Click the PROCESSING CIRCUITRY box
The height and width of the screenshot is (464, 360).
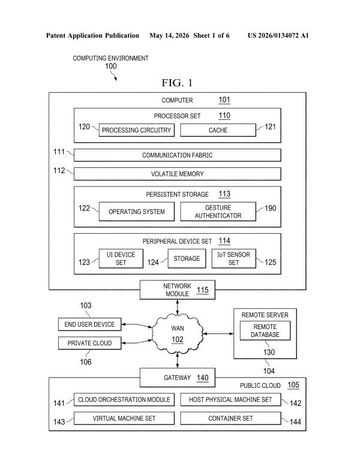(136, 130)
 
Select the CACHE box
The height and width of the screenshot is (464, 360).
(218, 130)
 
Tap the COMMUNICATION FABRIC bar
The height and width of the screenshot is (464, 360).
(178, 155)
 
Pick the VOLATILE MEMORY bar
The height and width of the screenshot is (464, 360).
(178, 174)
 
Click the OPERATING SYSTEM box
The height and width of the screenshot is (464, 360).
(136, 212)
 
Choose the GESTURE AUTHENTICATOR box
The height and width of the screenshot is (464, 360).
(218, 212)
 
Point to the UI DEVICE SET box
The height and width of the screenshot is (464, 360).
(121, 258)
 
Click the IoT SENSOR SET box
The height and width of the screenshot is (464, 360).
(233, 258)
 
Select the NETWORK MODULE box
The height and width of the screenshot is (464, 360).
(178, 290)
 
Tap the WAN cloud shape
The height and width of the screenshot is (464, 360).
(178, 334)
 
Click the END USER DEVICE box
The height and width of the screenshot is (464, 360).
(89, 324)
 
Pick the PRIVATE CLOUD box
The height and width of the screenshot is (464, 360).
(89, 343)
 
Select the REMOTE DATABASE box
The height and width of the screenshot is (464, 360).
(265, 330)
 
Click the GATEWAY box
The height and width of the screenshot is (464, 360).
(178, 378)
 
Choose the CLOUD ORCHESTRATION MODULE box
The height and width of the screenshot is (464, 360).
(124, 399)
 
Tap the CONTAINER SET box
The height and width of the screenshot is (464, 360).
(230, 418)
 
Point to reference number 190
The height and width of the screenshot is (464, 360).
(270, 209)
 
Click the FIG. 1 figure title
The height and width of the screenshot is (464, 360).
(177, 83)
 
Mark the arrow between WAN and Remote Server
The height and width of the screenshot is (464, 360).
(218, 334)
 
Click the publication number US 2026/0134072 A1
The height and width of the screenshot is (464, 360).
(278, 35)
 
